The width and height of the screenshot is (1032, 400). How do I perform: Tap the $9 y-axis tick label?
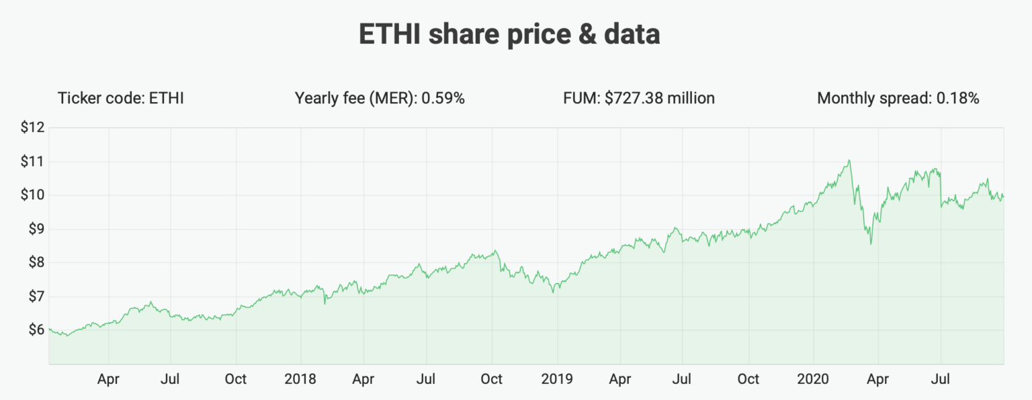[x=34, y=229]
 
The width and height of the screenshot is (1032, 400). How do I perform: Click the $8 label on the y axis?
[x=34, y=262]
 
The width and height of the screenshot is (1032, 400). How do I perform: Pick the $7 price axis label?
[x=34, y=296]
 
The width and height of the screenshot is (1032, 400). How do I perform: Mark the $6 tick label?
[x=34, y=330]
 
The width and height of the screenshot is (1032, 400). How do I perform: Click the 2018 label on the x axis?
[x=300, y=379]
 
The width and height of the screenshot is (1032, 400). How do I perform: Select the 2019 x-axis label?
[x=556, y=379]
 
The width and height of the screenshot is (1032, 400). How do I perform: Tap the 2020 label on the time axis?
[x=812, y=379]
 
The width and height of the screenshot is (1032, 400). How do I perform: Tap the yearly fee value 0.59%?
[x=443, y=99]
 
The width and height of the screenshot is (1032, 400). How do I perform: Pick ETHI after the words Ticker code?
[x=166, y=99]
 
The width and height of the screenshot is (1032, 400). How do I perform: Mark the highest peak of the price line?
[x=849, y=160]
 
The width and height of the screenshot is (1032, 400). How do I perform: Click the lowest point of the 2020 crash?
[x=871, y=244]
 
